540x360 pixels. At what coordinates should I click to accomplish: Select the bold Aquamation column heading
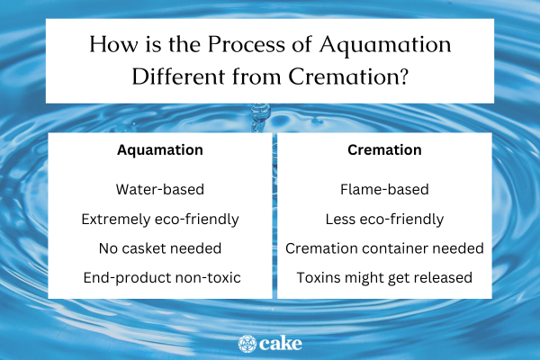[160, 150]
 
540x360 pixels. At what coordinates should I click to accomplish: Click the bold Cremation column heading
[385, 150]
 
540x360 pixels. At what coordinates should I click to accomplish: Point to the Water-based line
[160, 190]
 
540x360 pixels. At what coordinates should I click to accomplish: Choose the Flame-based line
[385, 190]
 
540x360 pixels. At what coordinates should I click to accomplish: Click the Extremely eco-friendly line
[160, 219]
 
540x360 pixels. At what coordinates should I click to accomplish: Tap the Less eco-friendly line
[385, 219]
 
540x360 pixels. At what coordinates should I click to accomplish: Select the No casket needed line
[160, 247]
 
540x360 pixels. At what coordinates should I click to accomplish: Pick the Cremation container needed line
[385, 247]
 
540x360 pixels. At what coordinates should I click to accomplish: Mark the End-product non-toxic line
[160, 276]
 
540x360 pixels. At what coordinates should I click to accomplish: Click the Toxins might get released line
[385, 276]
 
